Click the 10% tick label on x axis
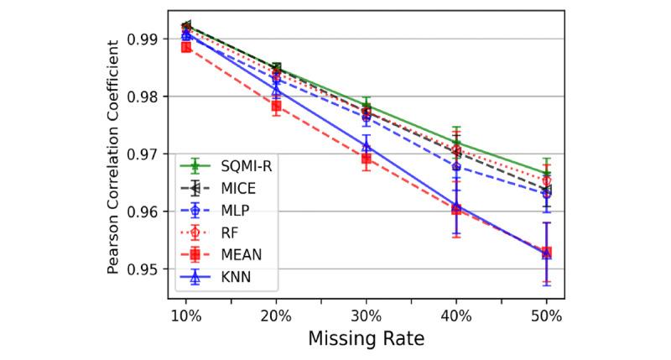pos(186,316)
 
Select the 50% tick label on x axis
pos(546,316)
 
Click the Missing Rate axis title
pos(366,340)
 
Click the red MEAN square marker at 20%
pos(276,106)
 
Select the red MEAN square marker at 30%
pos(366,158)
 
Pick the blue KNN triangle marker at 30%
pos(366,147)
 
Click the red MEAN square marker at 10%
pos(186,47)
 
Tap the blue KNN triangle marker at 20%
pos(276,89)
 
